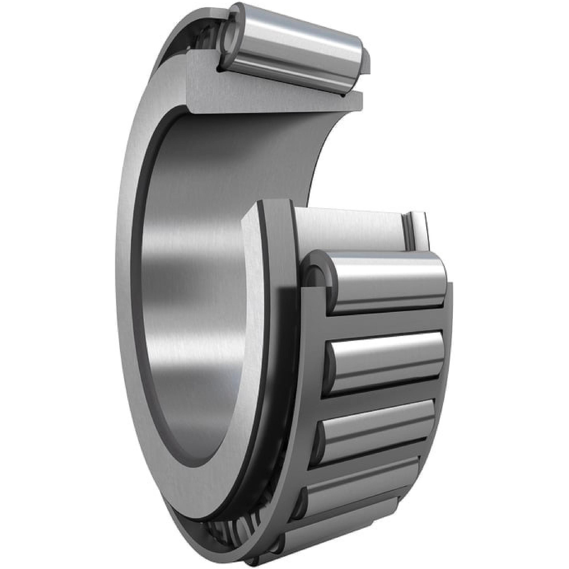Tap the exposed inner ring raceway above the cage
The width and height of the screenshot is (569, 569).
pos(347,230)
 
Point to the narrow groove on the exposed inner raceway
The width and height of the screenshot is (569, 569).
pos(408,233)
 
